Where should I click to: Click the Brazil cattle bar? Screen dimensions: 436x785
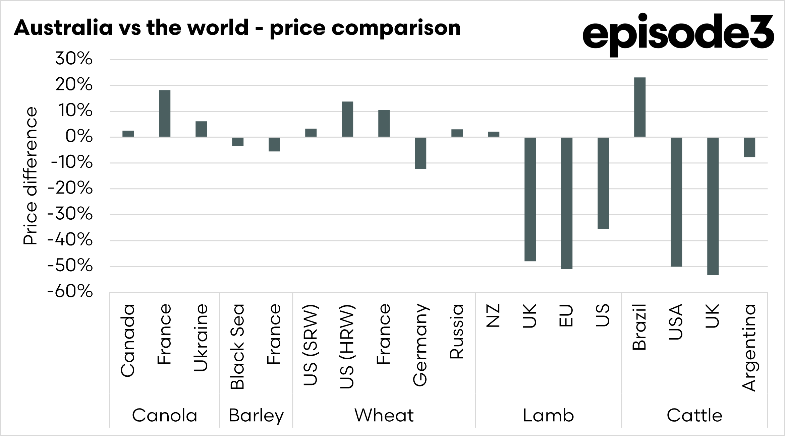point(639,107)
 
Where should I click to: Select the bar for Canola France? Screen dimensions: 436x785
point(164,114)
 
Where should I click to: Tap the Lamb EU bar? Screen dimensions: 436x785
point(566,203)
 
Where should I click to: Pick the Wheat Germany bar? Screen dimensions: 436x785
point(420,153)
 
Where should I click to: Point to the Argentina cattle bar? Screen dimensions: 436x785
point(749,147)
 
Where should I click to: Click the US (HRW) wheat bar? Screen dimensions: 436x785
point(347,119)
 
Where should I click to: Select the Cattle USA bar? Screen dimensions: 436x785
point(676,202)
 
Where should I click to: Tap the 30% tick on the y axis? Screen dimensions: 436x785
point(74,59)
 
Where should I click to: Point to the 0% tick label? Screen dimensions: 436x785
point(79,137)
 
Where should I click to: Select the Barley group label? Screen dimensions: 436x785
point(256,416)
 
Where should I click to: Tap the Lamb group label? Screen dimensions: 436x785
point(548,416)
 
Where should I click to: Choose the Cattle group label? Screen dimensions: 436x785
point(694,416)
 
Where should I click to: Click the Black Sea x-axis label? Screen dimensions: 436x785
point(237,346)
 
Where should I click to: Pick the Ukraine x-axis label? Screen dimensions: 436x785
point(201,338)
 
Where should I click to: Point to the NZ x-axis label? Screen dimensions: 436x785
point(493,315)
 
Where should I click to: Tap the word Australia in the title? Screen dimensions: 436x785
point(63,28)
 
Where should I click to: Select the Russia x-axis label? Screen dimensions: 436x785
point(457,331)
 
